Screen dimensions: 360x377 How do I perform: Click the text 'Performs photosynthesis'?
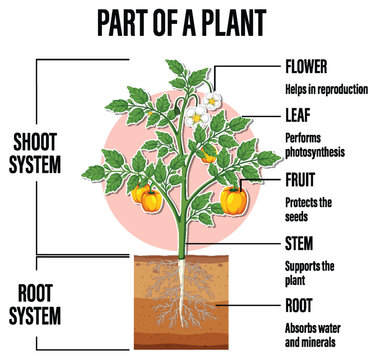(314, 145)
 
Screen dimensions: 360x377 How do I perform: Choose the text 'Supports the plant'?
(309, 272)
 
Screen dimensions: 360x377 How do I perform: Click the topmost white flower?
(213, 100)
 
